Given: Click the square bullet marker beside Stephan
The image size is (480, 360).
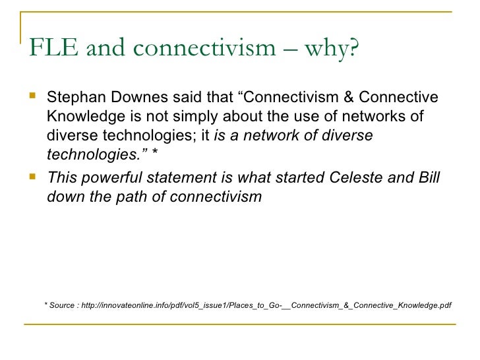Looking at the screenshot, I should tap(34, 98).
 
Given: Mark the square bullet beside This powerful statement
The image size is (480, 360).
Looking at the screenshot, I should tap(34, 177).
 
